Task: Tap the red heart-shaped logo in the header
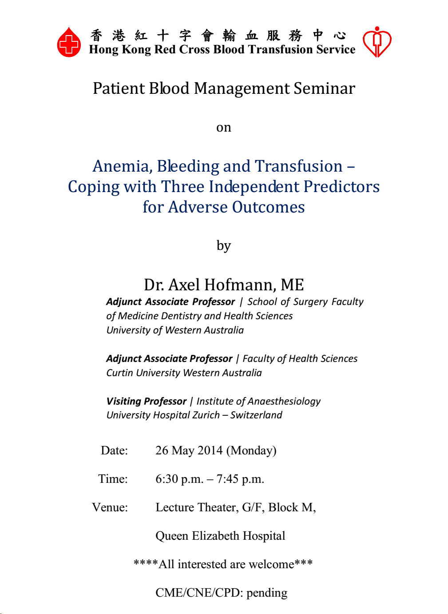click(377, 42)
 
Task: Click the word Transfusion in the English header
click(281, 50)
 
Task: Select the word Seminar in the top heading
click(324, 88)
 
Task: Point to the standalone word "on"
click(224, 128)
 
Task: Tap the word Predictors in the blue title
click(341, 187)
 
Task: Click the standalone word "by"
click(224, 246)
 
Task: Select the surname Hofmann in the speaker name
click(240, 285)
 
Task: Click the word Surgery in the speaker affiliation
click(310, 302)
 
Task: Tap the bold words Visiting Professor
click(147, 401)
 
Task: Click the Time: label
click(113, 479)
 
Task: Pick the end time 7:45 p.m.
click(240, 479)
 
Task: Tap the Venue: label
click(110, 507)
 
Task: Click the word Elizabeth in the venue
click(215, 536)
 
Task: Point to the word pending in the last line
click(267, 593)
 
